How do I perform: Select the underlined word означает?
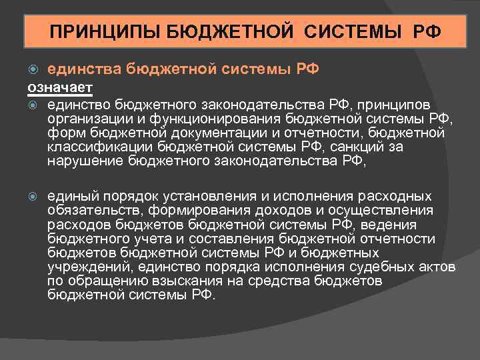click(59, 87)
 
